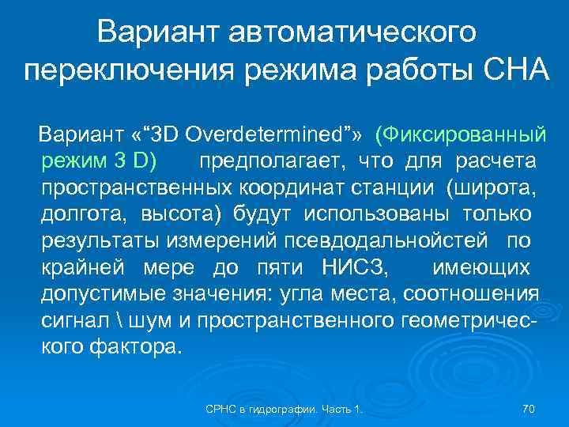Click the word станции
392,188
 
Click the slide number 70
529,408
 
